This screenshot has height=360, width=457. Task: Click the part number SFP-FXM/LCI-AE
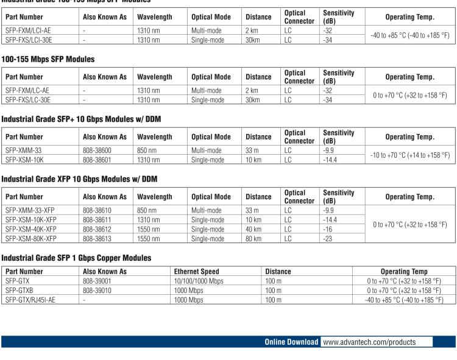click(x=28, y=30)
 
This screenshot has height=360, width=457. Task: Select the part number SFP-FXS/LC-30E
click(x=28, y=99)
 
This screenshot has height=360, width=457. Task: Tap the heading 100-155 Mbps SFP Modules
click(x=48, y=59)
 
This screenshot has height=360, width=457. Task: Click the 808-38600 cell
click(x=97, y=150)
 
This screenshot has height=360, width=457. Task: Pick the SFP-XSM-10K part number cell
click(x=24, y=160)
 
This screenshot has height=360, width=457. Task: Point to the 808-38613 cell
click(x=97, y=239)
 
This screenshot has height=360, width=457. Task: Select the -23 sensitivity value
click(x=328, y=239)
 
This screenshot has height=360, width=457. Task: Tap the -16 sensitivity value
click(x=328, y=229)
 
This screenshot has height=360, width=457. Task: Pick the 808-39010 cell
click(x=97, y=291)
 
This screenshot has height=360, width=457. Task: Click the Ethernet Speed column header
click(x=197, y=271)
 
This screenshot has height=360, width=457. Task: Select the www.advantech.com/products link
click(x=369, y=342)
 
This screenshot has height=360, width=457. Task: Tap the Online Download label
click(x=291, y=342)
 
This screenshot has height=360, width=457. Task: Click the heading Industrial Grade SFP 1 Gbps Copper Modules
click(x=76, y=258)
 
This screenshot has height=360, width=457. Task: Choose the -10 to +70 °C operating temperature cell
click(x=409, y=155)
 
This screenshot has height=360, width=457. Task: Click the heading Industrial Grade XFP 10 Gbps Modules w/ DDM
click(x=79, y=178)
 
